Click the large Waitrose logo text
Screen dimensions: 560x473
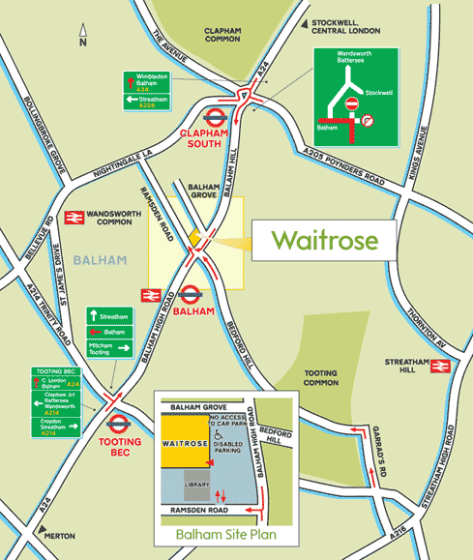320,239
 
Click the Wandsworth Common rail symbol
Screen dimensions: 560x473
70,218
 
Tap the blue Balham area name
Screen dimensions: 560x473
92,260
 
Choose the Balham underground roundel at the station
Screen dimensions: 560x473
190,287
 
